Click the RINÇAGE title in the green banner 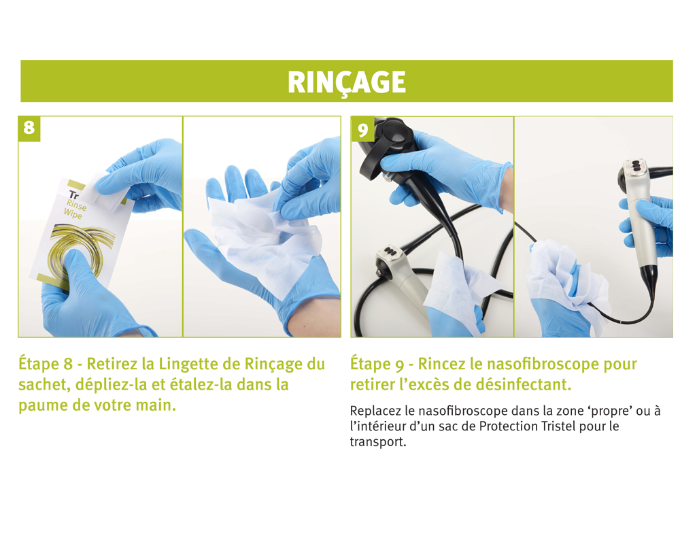[x=347, y=82]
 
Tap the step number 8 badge [x=29, y=129]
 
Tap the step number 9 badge [x=362, y=129]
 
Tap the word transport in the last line [x=377, y=443]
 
